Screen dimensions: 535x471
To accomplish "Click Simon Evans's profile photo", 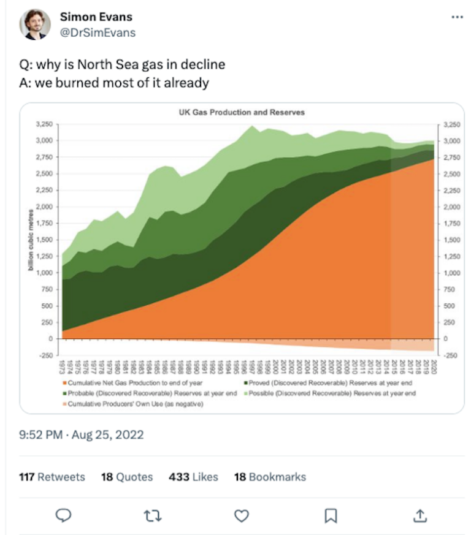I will click(36, 24).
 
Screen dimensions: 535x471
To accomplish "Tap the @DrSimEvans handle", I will click(98, 32).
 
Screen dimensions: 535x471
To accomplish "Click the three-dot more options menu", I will click(456, 17).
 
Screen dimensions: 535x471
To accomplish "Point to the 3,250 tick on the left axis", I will click(44, 124).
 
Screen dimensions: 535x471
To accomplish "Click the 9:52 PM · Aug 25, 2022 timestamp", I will click(82, 435).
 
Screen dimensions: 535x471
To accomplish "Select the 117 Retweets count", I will click(52, 477).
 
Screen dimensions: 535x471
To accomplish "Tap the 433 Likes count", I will click(193, 477).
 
